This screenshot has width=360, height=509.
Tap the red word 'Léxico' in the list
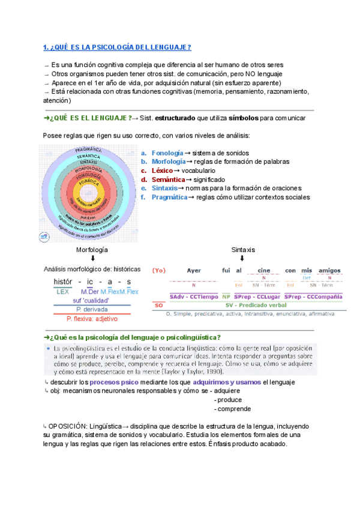point(162,170)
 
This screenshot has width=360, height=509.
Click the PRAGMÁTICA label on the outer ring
point(88,149)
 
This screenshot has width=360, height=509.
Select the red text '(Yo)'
point(160,270)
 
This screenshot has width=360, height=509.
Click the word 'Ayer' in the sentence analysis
point(194,270)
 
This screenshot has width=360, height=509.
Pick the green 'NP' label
point(226,297)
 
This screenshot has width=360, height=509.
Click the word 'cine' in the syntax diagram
point(264,270)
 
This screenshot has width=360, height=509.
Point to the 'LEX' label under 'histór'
point(63,291)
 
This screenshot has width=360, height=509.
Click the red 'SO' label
point(159,305)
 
